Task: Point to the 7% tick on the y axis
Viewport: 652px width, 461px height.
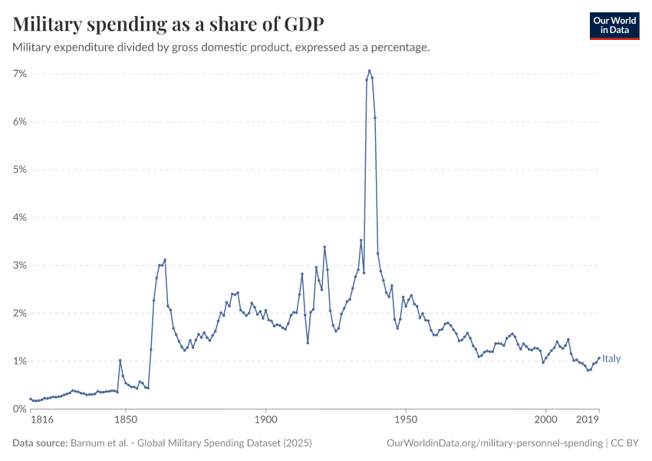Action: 20,74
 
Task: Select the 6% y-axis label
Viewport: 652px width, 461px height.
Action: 20,121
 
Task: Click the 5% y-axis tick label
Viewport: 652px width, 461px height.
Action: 20,169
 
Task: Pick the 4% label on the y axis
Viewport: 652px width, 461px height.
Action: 20,217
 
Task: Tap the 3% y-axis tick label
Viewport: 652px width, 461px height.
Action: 20,265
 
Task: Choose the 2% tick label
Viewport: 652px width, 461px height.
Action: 20,313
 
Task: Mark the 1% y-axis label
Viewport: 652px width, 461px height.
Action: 20,361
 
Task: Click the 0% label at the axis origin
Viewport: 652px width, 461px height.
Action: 20,409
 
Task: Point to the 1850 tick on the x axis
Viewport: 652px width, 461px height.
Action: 125,420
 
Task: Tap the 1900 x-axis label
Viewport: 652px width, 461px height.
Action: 265,420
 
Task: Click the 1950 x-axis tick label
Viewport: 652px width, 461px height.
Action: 406,420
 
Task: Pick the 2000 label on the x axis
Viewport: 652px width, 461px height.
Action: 545,420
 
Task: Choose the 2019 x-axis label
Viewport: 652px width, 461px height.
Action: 588,420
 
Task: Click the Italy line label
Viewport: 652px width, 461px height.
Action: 611,359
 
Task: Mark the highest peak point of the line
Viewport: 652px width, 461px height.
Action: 369,71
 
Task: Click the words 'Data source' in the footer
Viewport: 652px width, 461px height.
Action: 40,443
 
